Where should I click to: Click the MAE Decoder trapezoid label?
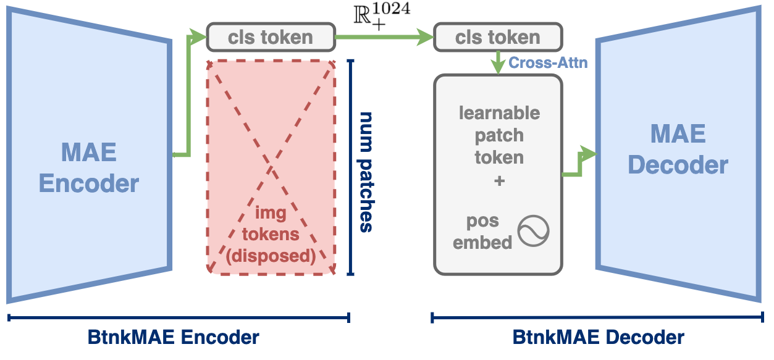678,149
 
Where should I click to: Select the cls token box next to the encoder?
270,37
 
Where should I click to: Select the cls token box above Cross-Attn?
498,37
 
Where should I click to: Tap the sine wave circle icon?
533,231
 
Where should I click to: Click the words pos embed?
482,232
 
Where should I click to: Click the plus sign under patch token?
498,182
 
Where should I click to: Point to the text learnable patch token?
498,135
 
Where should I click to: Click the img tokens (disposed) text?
270,234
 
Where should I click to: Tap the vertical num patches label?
366,172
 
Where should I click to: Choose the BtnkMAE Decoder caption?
598,338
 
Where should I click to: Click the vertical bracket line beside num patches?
351,167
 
